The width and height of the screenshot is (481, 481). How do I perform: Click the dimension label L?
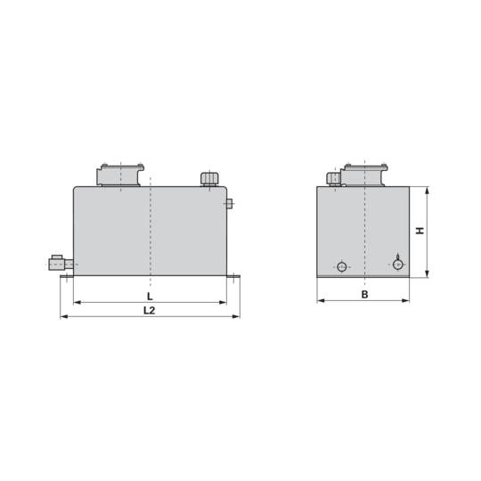tap(150, 297)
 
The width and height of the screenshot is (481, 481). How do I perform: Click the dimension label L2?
tap(150, 311)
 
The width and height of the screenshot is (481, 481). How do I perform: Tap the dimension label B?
tap(364, 295)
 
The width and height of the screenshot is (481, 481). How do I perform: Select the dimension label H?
tap(420, 231)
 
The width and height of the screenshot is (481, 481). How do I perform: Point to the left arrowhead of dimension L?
tap(77, 303)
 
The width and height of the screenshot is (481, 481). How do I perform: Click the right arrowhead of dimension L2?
tap(236, 316)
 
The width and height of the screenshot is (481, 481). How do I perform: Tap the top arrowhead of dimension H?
tap(428, 191)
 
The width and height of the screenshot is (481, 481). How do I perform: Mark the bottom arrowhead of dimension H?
tap(428, 274)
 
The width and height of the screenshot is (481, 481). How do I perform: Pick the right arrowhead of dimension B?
tap(405, 301)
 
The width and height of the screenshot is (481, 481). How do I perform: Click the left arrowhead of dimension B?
tap(321, 301)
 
